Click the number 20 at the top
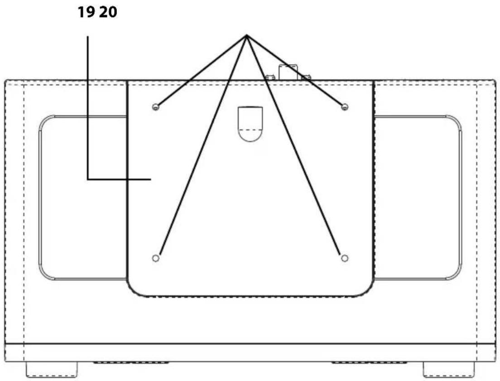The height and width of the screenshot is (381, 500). (x=108, y=12)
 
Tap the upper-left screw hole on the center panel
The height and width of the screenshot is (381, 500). (x=156, y=107)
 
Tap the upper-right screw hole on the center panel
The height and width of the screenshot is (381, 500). (x=344, y=107)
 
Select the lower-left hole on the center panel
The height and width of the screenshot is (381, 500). (x=156, y=258)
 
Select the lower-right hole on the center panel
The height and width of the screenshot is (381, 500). (x=344, y=258)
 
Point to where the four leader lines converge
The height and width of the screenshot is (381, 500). (x=246, y=35)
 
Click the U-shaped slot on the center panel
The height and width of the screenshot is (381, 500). (x=250, y=124)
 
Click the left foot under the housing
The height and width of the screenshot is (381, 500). (x=52, y=369)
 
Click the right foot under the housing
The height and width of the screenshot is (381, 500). (x=449, y=369)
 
